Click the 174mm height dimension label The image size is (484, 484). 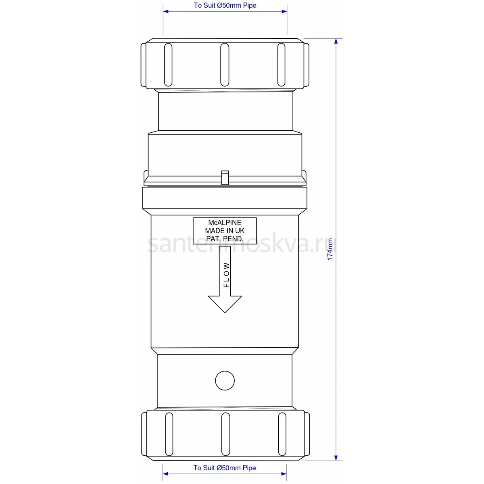[330, 249]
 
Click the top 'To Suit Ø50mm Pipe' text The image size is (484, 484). [225, 5]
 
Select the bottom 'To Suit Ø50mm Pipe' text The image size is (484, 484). [225, 468]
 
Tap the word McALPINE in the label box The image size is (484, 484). [225, 223]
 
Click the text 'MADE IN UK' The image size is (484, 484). [225, 231]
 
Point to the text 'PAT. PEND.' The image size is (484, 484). [225, 239]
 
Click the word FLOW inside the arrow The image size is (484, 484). [226, 275]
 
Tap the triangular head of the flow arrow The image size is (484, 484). [225, 304]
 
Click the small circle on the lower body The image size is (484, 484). [225, 380]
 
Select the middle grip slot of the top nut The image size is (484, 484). [225, 65]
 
